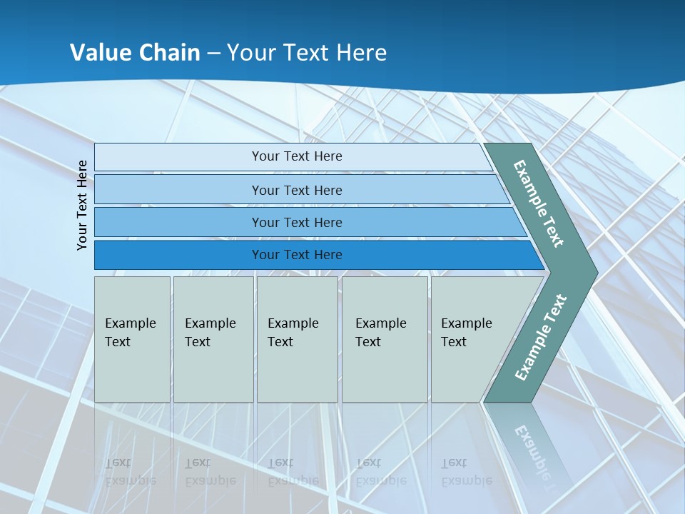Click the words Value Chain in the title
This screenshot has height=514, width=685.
pos(135,53)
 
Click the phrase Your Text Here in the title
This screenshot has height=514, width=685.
pos(307,53)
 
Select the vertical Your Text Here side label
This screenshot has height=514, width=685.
pos(82,205)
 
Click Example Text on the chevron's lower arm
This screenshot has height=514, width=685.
pos(541,337)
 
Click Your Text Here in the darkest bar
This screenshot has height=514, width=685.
pos(297,255)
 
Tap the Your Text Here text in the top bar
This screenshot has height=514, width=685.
pos(297,156)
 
